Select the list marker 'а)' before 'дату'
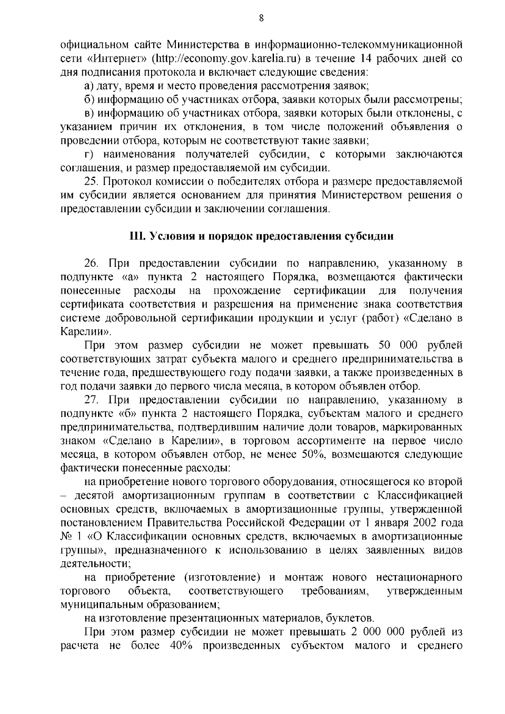click(89, 86)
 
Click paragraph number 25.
click(91, 182)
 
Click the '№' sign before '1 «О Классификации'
click(67, 536)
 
